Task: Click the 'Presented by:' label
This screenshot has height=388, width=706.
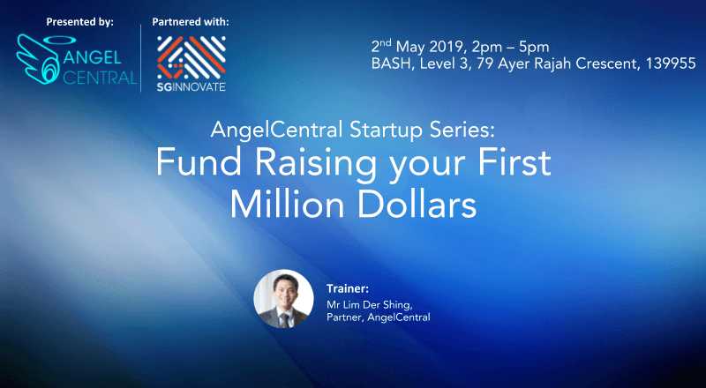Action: [x=80, y=22]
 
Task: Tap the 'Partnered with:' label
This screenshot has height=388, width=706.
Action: [x=191, y=22]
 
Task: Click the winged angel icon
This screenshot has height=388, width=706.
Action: [x=38, y=59]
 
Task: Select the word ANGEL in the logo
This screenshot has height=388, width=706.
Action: [x=93, y=57]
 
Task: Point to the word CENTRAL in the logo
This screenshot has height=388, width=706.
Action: [x=100, y=78]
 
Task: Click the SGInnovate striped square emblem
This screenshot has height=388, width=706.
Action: [x=192, y=57]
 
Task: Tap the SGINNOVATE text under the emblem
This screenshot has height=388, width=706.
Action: [x=192, y=87]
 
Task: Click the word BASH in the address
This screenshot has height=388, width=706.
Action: [x=391, y=63]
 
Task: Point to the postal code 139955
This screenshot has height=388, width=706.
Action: [x=671, y=63]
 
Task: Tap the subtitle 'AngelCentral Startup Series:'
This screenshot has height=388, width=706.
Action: [x=352, y=131]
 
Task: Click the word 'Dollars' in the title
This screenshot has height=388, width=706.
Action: [x=417, y=205]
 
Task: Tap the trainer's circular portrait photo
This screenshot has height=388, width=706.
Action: [x=283, y=298]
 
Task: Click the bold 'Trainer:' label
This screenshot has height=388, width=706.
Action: [x=348, y=288]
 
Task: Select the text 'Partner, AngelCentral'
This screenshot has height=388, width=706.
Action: [x=379, y=317]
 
